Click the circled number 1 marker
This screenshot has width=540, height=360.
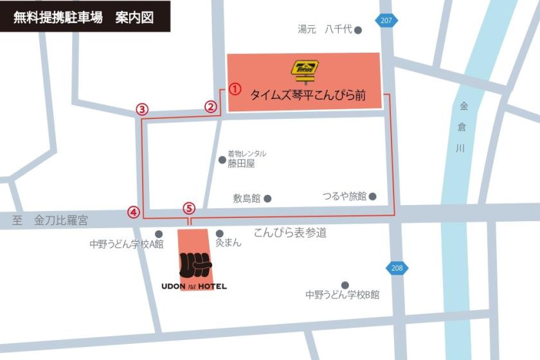235,89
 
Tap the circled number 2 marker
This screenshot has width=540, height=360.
211,107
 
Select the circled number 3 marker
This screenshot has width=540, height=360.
142,109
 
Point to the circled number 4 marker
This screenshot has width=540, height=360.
133,212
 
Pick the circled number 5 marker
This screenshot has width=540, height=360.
188,208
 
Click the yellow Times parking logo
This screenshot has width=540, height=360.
305,69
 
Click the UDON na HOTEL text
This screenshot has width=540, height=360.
194,286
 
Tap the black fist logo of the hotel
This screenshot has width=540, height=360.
195,264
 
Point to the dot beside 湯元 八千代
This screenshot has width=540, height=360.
358,30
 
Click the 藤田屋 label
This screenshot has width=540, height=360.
241,163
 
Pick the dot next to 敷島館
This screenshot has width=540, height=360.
267,199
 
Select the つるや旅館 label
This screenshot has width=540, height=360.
345,196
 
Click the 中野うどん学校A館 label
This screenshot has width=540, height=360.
127,244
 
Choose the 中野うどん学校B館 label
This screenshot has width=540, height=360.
342,295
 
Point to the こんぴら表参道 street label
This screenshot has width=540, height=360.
290,233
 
